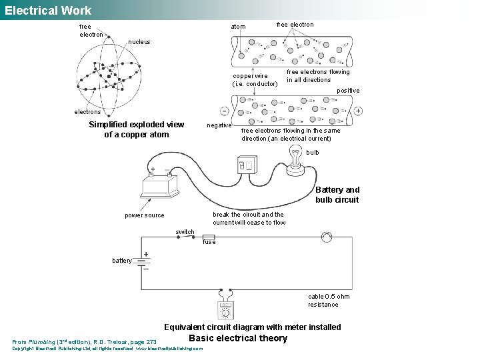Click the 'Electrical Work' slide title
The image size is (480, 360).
[x=47, y=10]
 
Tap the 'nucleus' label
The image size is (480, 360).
[x=139, y=42]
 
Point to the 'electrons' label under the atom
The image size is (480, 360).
[x=87, y=112]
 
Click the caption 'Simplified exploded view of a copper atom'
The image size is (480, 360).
[x=136, y=130]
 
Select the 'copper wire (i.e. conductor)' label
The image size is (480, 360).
[x=255, y=80]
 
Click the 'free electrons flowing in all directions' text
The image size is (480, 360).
[x=318, y=76]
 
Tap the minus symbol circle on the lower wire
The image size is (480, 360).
[x=224, y=111]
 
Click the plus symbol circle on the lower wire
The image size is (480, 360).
[x=358, y=111]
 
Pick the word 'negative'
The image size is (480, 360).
[x=219, y=125]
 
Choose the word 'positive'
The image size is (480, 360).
[x=348, y=91]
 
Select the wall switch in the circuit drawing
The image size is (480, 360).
[x=246, y=165]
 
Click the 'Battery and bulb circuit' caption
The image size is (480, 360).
[x=337, y=195]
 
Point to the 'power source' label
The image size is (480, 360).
[x=144, y=215]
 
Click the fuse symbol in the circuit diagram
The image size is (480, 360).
[x=209, y=237]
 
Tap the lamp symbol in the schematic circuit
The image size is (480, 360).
[x=326, y=237]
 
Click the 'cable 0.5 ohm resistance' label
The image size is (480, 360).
[x=329, y=301]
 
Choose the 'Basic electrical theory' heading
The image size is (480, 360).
[x=238, y=338]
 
